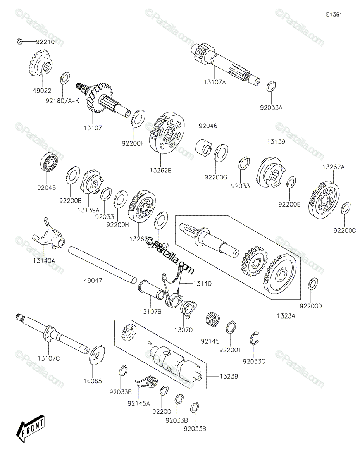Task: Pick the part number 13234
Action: coord(286,316)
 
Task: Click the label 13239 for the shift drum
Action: coord(229,376)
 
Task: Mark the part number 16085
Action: coord(93,381)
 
